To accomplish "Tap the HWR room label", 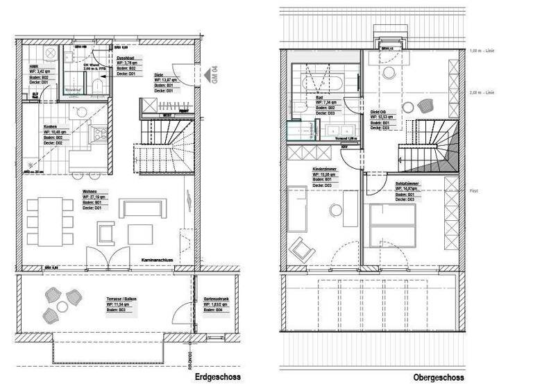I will pyautogui.click(x=33, y=65).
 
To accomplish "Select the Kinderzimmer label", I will pyautogui.click(x=325, y=169).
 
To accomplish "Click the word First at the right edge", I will pyautogui.click(x=474, y=190).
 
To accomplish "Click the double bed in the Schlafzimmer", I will pyautogui.click(x=393, y=226).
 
